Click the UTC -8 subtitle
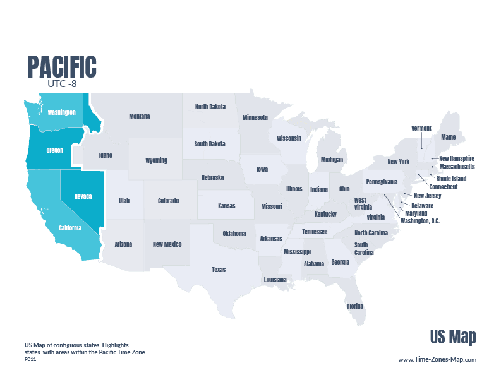[x=61, y=83]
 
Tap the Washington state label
[x=61, y=112]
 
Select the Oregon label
[x=55, y=151]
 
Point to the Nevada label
[x=83, y=196]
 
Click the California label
[x=69, y=228]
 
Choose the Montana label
[x=139, y=116]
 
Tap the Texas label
[x=218, y=270]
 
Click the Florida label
[x=354, y=306]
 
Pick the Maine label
[x=449, y=136]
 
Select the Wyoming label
[x=156, y=160]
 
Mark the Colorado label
[x=167, y=201]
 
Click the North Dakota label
[x=210, y=107]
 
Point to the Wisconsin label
[x=289, y=138]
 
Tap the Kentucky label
[x=325, y=214]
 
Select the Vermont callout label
[x=421, y=128]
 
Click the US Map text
[x=453, y=336]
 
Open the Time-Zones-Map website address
[x=437, y=359]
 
